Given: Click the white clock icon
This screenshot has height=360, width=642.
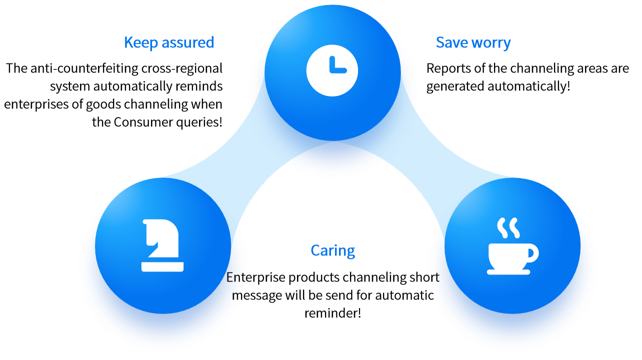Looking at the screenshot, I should (332, 70).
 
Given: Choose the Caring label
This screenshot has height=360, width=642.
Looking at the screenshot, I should (332, 250).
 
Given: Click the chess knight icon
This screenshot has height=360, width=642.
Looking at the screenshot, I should (162, 245).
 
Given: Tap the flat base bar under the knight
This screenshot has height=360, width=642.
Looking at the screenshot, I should (162, 266).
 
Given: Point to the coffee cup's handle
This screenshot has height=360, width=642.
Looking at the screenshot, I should (532, 253).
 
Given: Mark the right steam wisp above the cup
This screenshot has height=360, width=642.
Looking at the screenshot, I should (514, 227).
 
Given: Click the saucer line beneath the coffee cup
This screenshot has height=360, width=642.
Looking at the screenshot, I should (508, 272).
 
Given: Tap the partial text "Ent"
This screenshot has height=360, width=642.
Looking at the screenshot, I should (234, 277).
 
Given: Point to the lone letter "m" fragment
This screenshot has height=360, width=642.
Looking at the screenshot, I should (237, 295).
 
